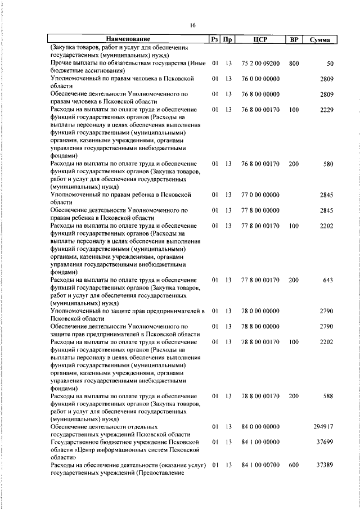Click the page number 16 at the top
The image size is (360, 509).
coord(192,25)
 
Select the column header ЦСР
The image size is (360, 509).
coord(260,39)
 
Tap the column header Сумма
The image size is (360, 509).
coord(319,39)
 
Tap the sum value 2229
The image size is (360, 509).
coord(327,110)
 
